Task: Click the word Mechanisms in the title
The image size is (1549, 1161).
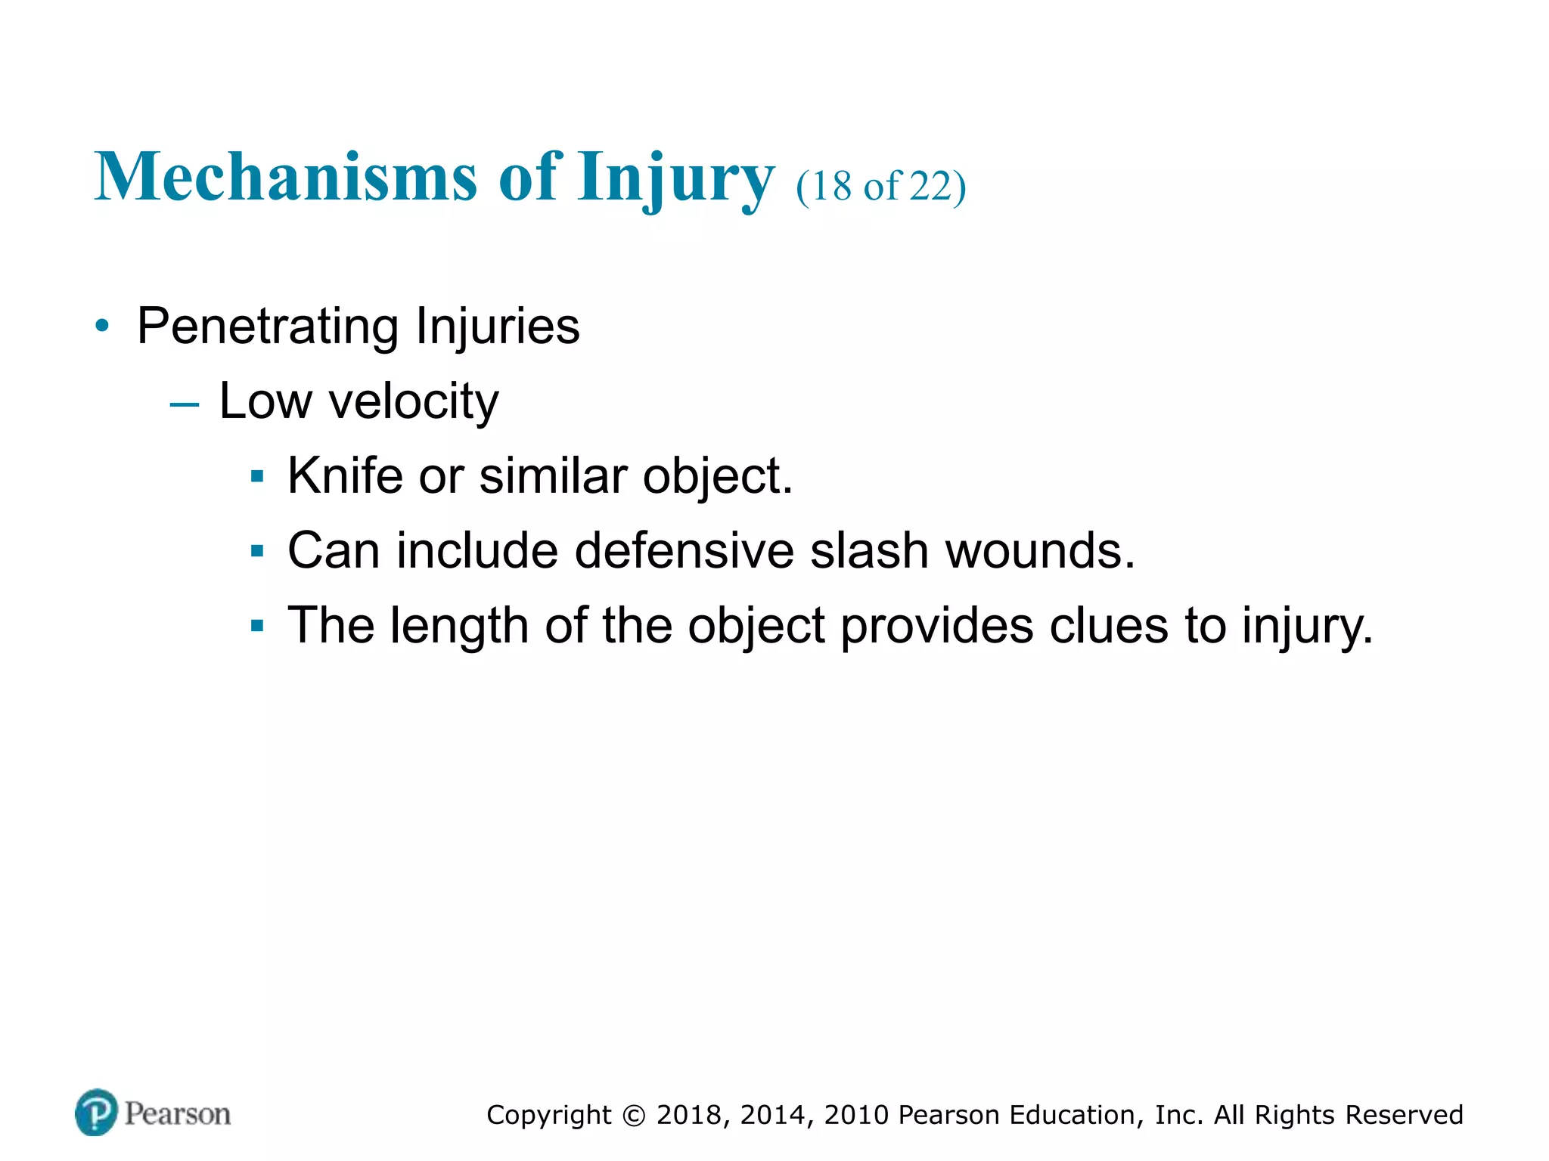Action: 286,177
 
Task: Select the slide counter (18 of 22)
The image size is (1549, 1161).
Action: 880,186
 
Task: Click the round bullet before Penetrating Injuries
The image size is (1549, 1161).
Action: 102,327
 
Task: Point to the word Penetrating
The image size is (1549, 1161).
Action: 267,327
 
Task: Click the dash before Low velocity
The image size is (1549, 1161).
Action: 185,404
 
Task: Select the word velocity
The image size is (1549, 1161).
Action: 414,401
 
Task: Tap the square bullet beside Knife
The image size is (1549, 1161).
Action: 257,477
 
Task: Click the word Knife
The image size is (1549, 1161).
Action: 345,476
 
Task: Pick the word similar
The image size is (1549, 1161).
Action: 553,476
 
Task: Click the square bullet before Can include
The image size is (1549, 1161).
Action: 257,552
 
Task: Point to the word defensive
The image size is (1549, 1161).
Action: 684,550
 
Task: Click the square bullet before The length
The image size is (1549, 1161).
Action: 257,626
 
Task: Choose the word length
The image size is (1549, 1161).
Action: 459,626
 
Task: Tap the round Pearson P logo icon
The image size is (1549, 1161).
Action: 96,1113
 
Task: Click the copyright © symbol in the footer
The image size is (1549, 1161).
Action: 634,1116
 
